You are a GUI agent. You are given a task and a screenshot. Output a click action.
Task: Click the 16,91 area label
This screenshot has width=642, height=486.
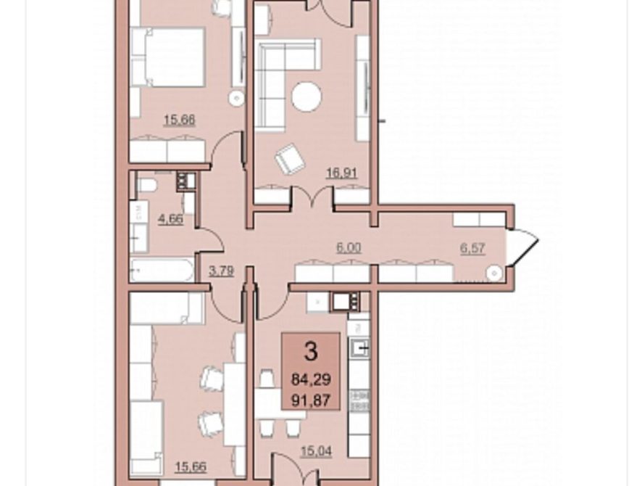[341, 173]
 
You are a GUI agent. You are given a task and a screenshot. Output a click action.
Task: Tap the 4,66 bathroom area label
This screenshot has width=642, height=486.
[170, 219]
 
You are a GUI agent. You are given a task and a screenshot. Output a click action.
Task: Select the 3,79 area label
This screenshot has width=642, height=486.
[221, 271]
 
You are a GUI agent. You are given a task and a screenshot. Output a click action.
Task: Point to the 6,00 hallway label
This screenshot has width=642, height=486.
[349, 247]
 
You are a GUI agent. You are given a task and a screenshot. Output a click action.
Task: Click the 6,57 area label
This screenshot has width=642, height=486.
[473, 248]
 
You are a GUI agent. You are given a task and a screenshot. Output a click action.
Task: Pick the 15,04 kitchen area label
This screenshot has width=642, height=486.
[317, 451]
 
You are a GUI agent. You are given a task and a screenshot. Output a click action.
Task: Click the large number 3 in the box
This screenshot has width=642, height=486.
[311, 351]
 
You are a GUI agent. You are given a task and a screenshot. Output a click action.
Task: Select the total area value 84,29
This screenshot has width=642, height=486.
[311, 379]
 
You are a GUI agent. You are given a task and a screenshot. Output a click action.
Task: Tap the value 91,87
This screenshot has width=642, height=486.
[311, 400]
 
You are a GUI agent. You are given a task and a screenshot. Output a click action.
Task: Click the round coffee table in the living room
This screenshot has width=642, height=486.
[307, 96]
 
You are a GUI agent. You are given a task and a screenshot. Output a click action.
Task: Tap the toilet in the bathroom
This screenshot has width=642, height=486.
[146, 185]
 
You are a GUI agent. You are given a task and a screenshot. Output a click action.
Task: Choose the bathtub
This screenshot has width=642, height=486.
[162, 270]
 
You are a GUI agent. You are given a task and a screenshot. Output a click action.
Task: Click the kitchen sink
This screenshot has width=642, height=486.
[359, 349]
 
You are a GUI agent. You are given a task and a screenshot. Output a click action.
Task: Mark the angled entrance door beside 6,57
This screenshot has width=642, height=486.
[523, 246]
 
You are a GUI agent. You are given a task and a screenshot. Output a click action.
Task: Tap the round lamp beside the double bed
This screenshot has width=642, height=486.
[236, 99]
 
